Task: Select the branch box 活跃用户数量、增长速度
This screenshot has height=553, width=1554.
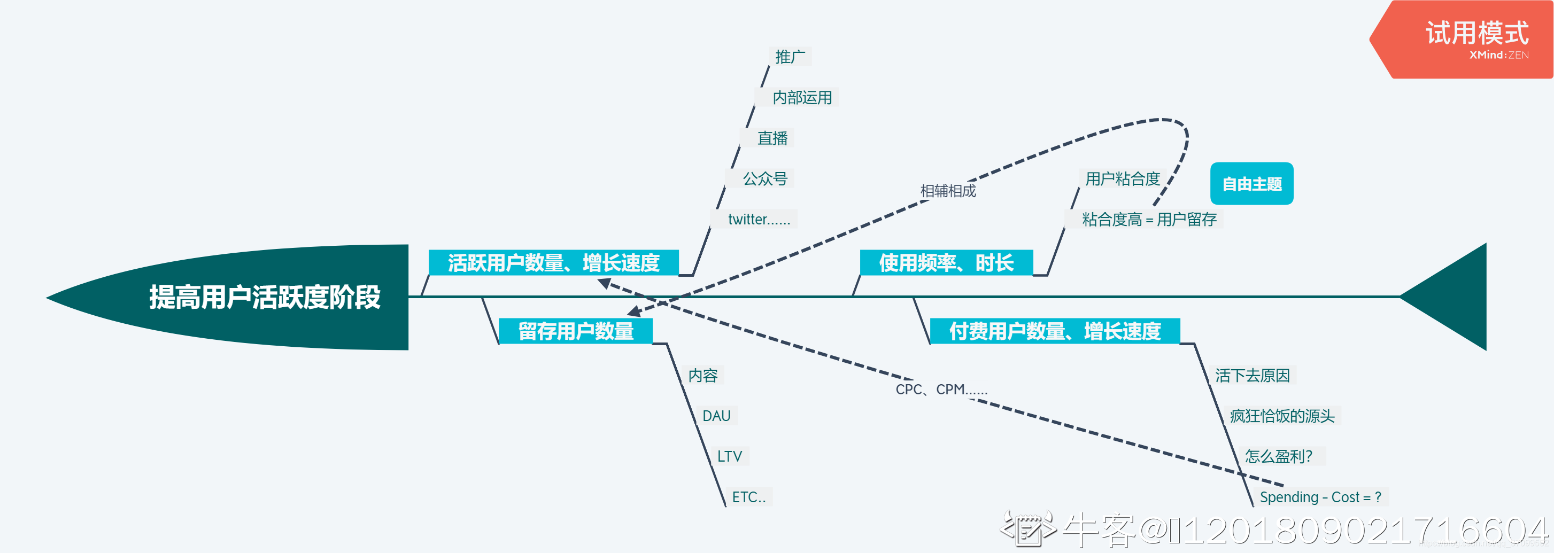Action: click(553, 263)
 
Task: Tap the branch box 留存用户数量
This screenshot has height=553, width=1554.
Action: click(576, 331)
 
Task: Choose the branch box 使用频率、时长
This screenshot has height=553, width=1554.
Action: click(946, 263)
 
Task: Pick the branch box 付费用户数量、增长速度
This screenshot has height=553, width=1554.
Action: click(1055, 331)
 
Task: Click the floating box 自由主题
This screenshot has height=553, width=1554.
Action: click(1252, 184)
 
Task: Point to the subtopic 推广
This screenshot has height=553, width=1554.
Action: click(790, 57)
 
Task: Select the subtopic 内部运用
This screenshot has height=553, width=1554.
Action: click(802, 98)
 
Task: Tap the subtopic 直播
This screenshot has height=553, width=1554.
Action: click(772, 138)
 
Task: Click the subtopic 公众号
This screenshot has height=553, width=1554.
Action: click(764, 178)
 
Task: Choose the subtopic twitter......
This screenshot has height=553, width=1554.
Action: click(759, 219)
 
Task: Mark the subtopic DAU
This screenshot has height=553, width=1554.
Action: click(716, 416)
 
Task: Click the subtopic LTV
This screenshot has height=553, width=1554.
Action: click(729, 456)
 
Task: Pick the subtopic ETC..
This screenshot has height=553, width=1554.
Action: click(748, 497)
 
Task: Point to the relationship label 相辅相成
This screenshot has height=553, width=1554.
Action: click(948, 191)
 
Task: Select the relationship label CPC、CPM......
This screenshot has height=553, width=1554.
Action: click(941, 390)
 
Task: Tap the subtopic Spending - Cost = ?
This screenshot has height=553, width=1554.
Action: click(1320, 497)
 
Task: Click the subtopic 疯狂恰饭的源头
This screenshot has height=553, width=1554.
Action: click(1282, 416)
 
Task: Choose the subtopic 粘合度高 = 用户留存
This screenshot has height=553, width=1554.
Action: click(1149, 219)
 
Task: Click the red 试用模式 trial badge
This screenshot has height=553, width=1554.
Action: click(1476, 38)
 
